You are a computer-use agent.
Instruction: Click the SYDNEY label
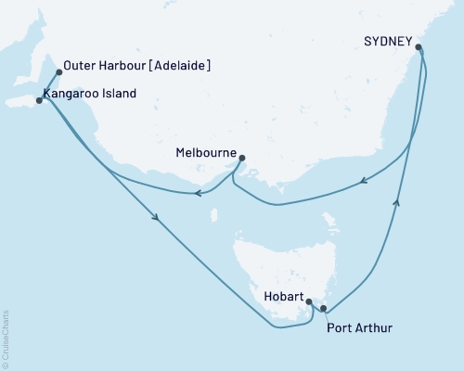click(388, 41)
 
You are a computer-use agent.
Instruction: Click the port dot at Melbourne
click(242, 159)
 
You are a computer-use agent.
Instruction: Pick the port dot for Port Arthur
click(323, 308)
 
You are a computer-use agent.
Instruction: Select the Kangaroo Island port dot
click(38, 99)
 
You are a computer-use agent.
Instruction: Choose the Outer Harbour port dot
click(59, 71)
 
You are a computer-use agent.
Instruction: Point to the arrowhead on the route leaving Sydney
click(364, 181)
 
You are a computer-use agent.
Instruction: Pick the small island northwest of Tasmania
click(214, 216)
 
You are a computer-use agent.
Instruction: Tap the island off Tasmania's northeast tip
click(330, 223)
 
